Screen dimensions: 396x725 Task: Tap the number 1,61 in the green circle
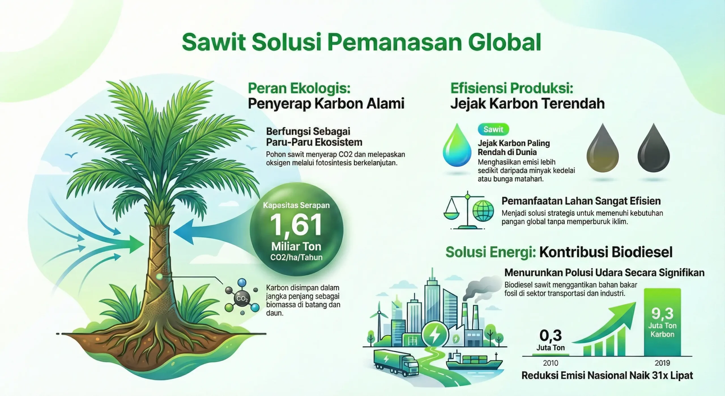pos(296,225)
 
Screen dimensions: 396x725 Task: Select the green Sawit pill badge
pos(493,130)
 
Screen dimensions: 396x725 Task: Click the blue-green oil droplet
pos(457,146)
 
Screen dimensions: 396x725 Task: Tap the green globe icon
pos(483,211)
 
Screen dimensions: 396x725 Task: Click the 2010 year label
pos(551,363)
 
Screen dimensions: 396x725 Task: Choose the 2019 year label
pos(662,363)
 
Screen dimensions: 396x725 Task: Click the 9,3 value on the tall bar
pos(662,313)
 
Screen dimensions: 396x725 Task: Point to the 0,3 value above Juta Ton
pos(550,336)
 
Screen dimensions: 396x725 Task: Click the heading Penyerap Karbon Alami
pos(326,103)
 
